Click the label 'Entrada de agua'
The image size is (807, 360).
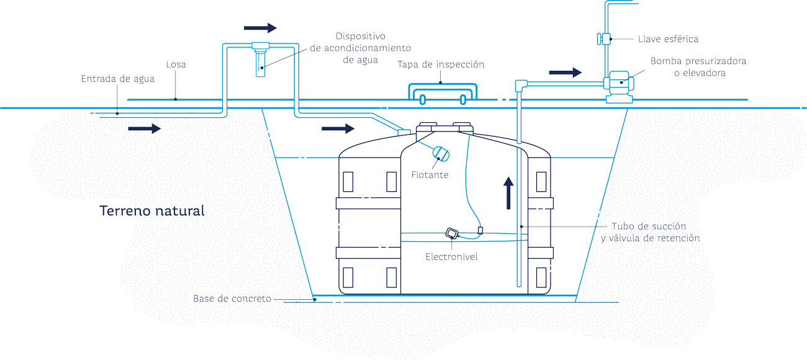(x=118, y=79)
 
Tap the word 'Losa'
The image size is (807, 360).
(x=176, y=65)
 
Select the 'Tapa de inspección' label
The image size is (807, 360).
(x=441, y=65)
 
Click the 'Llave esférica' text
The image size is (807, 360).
(x=668, y=39)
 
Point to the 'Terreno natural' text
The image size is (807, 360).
(x=152, y=210)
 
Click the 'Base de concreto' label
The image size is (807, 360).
(x=232, y=299)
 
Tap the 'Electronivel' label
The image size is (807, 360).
(x=451, y=256)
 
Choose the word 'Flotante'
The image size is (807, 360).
(x=430, y=175)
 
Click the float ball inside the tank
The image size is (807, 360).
(x=441, y=153)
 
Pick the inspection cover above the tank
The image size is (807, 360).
(x=442, y=92)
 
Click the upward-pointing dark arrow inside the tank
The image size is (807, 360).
(x=508, y=193)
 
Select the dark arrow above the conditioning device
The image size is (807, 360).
(x=260, y=28)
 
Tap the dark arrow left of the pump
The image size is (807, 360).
(x=565, y=73)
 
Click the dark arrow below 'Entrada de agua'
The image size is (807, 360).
(x=144, y=128)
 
